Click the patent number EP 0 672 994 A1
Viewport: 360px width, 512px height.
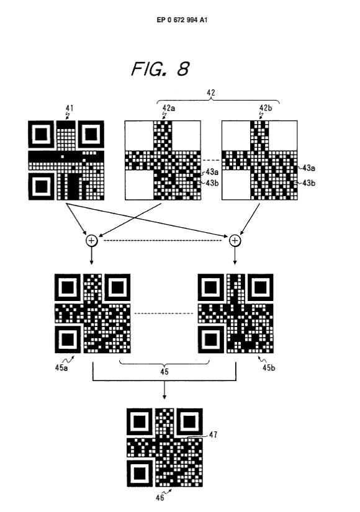[182, 20]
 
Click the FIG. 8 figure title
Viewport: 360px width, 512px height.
[160, 68]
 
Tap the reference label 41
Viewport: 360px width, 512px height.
[70, 108]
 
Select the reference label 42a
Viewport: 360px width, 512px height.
[169, 108]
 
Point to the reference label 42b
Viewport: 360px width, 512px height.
[266, 108]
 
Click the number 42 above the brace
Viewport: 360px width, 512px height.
[211, 92]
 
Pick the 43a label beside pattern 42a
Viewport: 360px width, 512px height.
[212, 172]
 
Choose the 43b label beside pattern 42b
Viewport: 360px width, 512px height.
[308, 183]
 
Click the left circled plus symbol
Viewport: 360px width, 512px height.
[91, 241]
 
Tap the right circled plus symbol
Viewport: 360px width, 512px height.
[235, 241]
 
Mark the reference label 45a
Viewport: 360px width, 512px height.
[61, 367]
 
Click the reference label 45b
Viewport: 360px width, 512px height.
[269, 367]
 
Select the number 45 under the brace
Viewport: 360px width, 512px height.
[164, 372]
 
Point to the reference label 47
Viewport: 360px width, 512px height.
[214, 434]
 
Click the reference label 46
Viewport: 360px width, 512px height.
[160, 498]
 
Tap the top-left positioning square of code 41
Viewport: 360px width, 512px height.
[41, 134]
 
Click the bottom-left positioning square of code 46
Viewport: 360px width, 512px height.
[140, 473]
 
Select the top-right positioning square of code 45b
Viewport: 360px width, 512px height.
[260, 287]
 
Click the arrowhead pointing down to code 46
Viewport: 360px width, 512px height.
[164, 397]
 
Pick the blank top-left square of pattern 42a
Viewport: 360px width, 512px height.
[139, 135]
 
